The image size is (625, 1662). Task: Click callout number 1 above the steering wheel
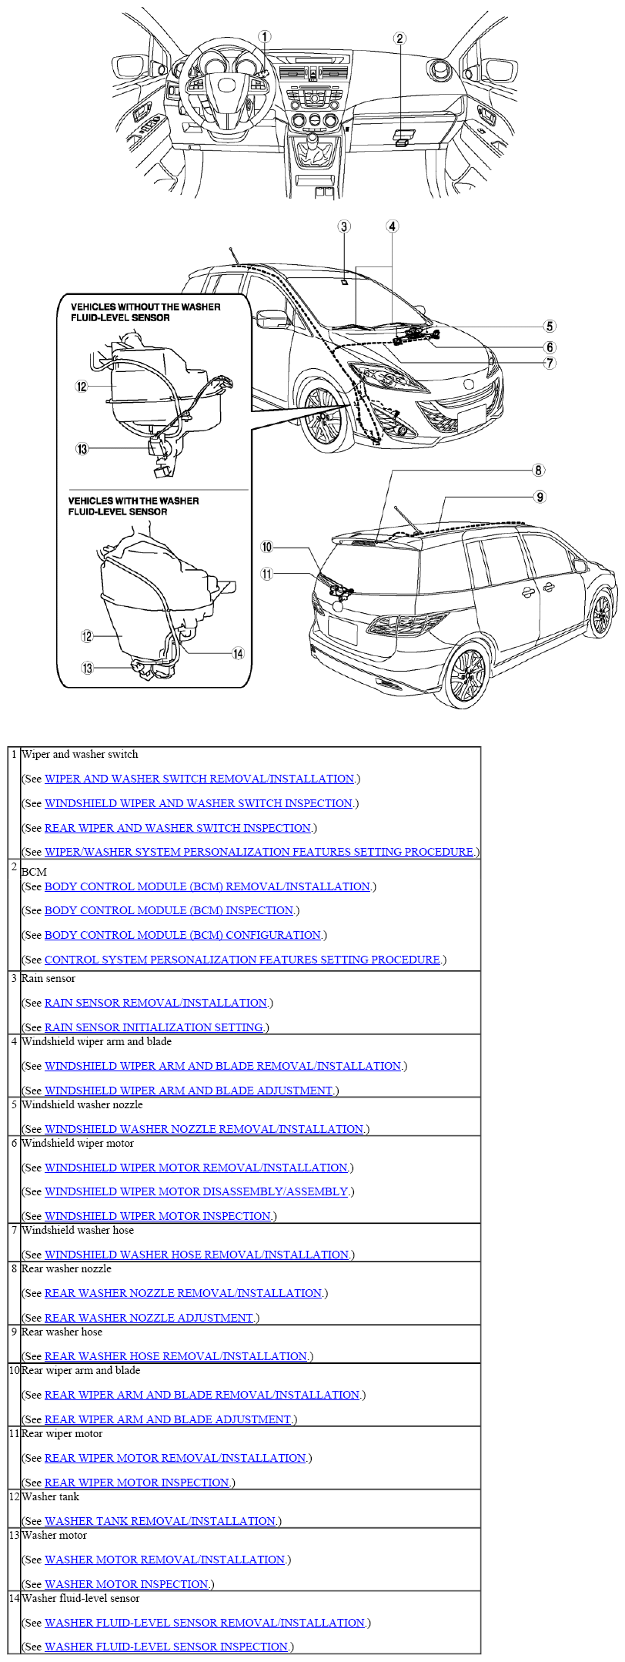(x=264, y=36)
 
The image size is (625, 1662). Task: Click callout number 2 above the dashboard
(x=399, y=39)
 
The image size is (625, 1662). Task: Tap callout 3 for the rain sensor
(x=344, y=226)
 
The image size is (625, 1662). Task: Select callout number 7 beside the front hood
(x=550, y=363)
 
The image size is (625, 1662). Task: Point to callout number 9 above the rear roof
(x=540, y=497)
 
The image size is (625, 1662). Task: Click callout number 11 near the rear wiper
(x=266, y=574)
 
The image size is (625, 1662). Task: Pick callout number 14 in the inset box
(x=238, y=654)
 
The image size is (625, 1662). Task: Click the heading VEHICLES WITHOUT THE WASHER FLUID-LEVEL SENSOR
(x=145, y=312)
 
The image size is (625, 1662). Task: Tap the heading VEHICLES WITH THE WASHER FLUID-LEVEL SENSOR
(x=133, y=506)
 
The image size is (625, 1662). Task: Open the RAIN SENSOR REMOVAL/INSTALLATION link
(x=155, y=1003)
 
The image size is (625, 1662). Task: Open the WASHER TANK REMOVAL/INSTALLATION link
(x=159, y=1521)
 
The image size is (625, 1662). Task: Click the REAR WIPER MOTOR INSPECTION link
(x=137, y=1483)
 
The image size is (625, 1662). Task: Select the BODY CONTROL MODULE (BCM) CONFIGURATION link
(x=182, y=935)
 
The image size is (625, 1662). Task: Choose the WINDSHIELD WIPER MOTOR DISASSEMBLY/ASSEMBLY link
(x=196, y=1191)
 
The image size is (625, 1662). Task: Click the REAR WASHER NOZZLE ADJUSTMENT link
(x=149, y=1318)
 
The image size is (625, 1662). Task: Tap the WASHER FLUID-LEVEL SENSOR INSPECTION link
(x=166, y=1647)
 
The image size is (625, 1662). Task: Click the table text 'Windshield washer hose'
(x=78, y=1230)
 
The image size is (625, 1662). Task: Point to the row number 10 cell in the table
(x=14, y=1370)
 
